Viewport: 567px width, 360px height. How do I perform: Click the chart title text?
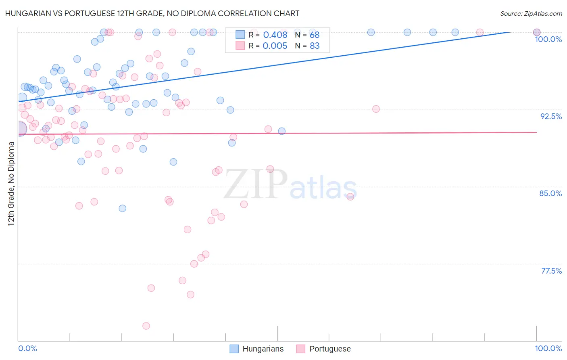152,13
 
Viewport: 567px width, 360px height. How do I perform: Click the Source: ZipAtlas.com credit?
531,14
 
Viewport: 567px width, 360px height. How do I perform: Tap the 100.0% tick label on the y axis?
548,39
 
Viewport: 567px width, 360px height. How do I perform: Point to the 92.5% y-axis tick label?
551,116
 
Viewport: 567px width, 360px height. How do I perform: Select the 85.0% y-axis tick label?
550,193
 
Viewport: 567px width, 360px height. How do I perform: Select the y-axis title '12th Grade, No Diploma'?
11,184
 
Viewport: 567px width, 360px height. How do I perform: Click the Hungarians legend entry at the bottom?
263,349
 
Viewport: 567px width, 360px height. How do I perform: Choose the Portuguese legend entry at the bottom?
329,349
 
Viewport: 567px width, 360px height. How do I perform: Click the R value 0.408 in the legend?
275,35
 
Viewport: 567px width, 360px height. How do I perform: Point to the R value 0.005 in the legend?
275,46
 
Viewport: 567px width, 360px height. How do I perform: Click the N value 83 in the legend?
315,46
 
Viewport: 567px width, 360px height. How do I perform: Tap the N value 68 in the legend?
315,35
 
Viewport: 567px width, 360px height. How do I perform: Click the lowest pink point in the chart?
146,326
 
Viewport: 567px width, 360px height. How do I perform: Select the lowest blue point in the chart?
122,208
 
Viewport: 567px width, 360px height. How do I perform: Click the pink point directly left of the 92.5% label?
376,109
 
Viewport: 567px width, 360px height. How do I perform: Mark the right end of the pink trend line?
537,132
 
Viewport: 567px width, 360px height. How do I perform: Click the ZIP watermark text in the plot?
256,184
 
